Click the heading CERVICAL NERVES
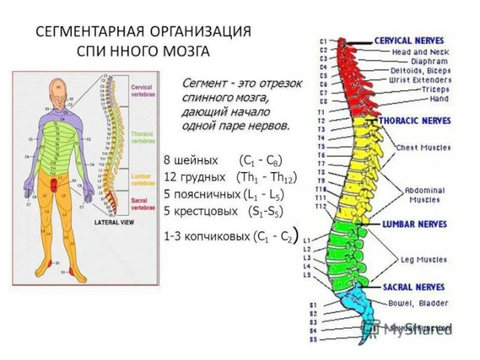click(409, 41)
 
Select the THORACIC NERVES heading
click(415, 121)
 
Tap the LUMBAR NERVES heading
click(415, 224)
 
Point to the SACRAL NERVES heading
click(413, 287)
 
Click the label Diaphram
click(429, 61)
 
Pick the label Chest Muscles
click(422, 147)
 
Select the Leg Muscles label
click(424, 260)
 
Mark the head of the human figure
click(58, 90)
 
